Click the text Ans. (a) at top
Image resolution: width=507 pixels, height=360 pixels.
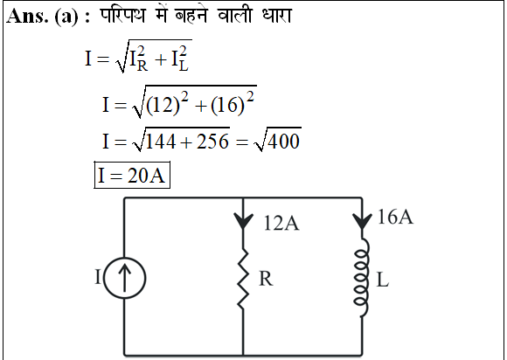click(x=42, y=16)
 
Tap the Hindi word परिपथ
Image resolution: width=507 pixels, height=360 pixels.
click(x=122, y=15)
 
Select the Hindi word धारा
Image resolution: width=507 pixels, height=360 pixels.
click(x=277, y=15)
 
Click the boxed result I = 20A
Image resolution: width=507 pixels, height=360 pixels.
click(x=132, y=175)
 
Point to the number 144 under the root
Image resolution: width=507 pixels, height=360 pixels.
click(x=161, y=142)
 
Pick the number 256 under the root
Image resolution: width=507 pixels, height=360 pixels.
click(x=212, y=142)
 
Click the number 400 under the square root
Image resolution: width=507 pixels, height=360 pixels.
click(x=283, y=142)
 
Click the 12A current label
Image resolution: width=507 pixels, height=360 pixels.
click(x=281, y=223)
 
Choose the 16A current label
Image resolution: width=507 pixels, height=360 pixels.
click(x=395, y=217)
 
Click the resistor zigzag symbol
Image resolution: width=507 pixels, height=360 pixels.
click(x=243, y=279)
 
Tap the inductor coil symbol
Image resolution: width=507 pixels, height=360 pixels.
click(x=362, y=278)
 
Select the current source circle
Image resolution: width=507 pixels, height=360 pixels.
click(x=124, y=258)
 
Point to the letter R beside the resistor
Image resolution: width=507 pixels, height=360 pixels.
click(x=266, y=279)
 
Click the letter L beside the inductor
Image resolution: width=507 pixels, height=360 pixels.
click(x=383, y=280)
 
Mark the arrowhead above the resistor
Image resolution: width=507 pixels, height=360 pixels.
click(x=243, y=221)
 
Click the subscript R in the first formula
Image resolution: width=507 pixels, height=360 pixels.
click(x=142, y=66)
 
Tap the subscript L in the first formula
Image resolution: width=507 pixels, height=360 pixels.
click(x=184, y=66)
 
